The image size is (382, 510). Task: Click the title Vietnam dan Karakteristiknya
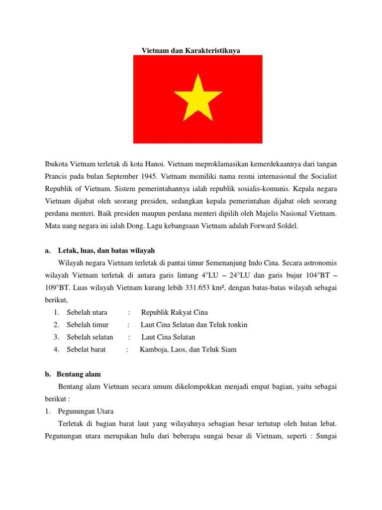coord(191,51)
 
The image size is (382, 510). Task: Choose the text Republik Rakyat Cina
coord(174,312)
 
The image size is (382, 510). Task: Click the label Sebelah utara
coord(87,312)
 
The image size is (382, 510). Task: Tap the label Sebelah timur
coord(87,325)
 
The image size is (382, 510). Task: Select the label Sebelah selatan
coord(90,337)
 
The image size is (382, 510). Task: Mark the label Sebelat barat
coord(87,350)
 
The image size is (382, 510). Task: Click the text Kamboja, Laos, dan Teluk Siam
coord(188,350)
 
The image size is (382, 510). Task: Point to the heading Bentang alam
coord(79,374)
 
